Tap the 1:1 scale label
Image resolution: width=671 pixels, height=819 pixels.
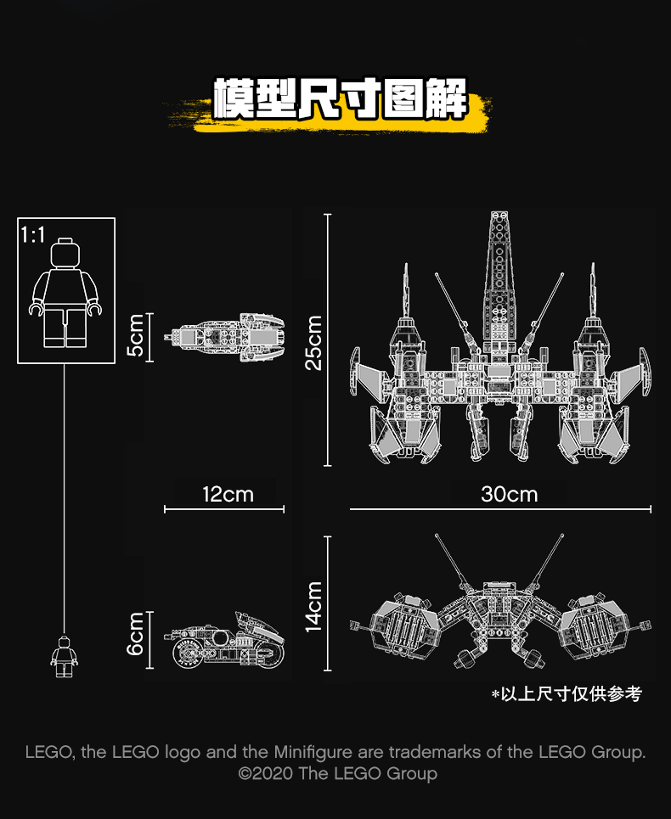32,235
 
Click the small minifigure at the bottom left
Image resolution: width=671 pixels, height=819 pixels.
64,656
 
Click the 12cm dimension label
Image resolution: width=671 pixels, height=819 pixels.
228,493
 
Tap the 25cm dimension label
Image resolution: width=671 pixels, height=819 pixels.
313,341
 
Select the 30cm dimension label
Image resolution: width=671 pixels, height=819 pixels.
509,493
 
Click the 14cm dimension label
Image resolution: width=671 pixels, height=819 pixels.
313,606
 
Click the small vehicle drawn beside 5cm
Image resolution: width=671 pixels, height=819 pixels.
228,336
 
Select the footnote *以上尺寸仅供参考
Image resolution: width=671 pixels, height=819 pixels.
567,694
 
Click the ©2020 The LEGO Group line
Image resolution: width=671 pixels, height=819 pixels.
337,773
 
